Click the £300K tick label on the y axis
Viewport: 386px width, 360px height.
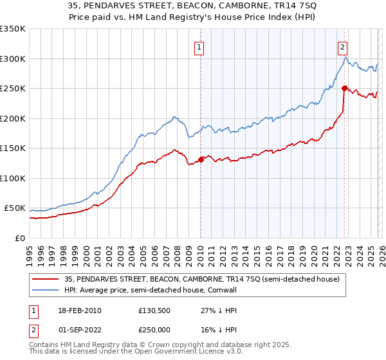coord(13,59)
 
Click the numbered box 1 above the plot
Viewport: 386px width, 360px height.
coord(199,47)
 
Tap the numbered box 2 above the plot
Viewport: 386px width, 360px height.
coord(343,47)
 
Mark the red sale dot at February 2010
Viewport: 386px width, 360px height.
coord(201,159)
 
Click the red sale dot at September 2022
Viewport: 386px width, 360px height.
coord(344,88)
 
